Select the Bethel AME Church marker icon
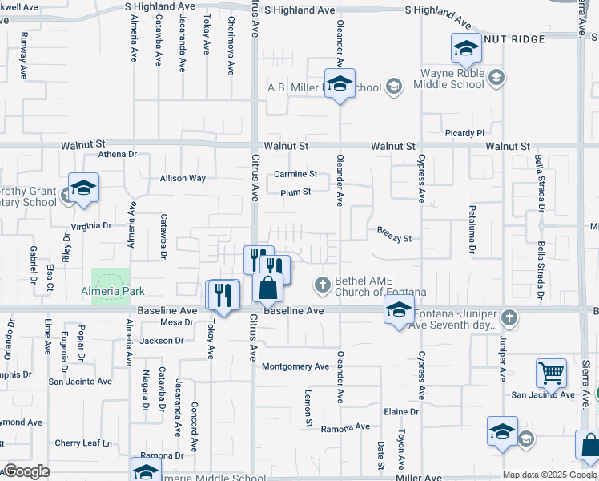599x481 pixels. [x=322, y=284]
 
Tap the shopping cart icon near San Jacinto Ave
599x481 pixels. [x=551, y=373]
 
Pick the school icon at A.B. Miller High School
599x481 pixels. [x=340, y=84]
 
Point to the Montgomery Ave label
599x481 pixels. [x=295, y=366]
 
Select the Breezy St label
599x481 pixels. [x=394, y=238]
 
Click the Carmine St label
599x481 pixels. [x=295, y=173]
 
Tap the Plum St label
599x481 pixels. [x=295, y=192]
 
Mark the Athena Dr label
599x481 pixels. [x=119, y=155]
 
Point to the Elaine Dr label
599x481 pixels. [x=401, y=411]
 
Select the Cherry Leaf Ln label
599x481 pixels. [x=83, y=443]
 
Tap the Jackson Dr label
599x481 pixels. [x=162, y=341]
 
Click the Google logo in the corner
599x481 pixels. [x=26, y=471]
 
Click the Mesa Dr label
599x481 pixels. [x=177, y=322]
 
